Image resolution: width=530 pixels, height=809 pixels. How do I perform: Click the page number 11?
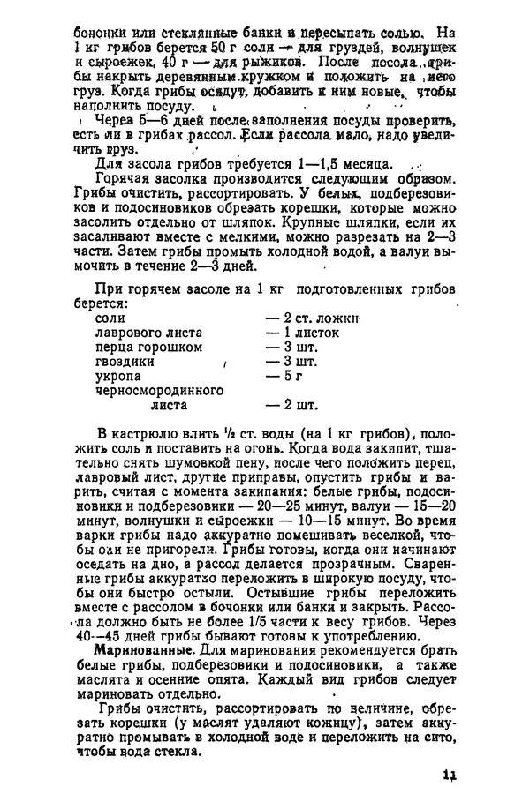[449, 775]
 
